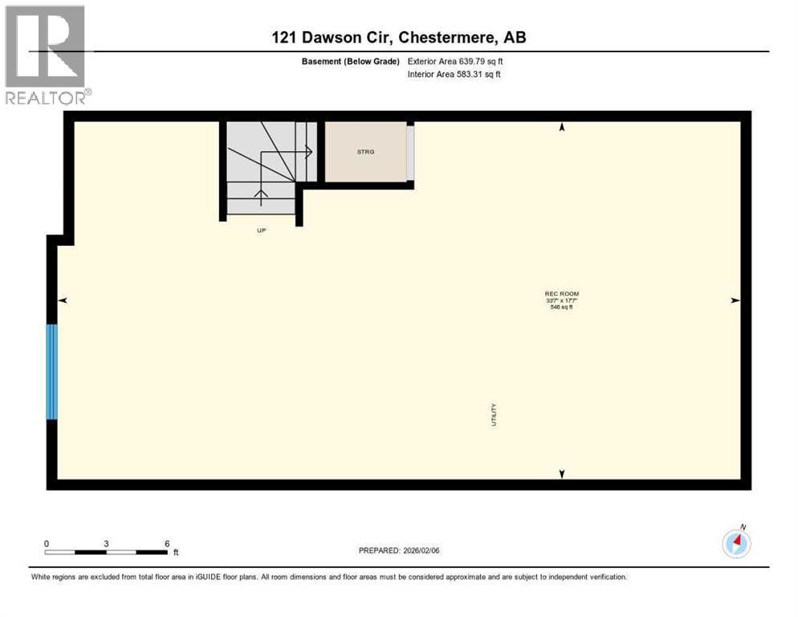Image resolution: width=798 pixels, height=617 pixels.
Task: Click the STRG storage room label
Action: click(x=366, y=151)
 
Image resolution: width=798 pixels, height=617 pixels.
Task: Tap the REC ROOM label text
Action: click(x=562, y=294)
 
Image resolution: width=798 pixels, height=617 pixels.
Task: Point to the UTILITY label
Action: click(x=495, y=415)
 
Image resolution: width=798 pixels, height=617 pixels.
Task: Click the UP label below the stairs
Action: click(x=261, y=231)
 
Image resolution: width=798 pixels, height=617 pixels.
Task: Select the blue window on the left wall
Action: click(x=52, y=371)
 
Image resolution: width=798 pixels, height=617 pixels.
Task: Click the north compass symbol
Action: click(x=736, y=544)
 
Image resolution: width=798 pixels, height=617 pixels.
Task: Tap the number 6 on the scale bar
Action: click(x=167, y=544)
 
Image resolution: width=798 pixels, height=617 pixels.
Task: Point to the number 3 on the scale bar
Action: click(x=106, y=544)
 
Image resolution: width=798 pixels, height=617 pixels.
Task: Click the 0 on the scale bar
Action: click(x=47, y=544)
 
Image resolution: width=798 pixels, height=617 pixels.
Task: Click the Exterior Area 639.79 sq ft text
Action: click(x=455, y=61)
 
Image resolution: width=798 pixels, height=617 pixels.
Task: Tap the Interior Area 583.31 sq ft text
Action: click(x=455, y=75)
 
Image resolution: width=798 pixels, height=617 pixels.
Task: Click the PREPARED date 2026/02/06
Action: click(x=399, y=550)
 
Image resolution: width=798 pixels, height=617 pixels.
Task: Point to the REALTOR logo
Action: click(x=47, y=55)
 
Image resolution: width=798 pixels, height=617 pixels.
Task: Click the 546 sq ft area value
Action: click(x=562, y=307)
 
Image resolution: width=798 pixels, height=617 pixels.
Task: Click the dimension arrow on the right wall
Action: click(x=735, y=300)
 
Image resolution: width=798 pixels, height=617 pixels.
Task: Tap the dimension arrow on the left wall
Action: click(x=62, y=300)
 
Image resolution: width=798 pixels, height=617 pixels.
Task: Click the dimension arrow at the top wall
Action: click(x=562, y=127)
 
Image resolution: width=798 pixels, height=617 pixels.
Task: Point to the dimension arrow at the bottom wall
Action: click(x=562, y=474)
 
